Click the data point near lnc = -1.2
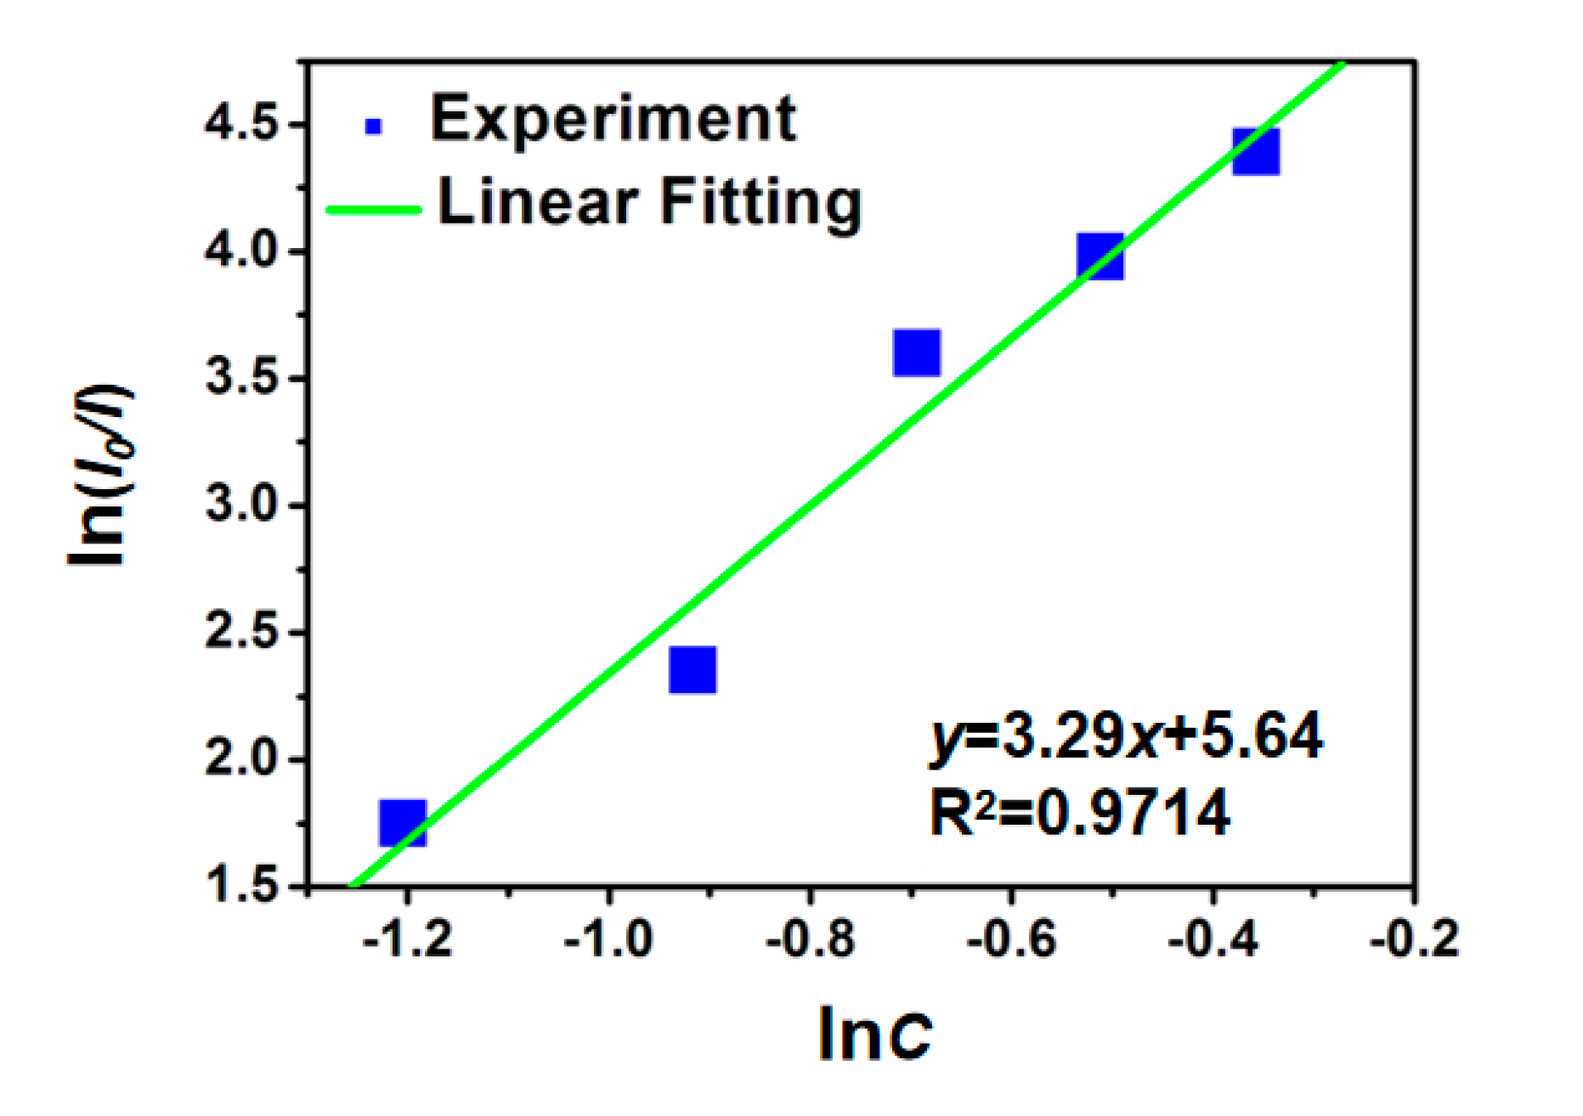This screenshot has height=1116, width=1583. (x=403, y=821)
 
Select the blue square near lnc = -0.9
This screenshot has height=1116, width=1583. (x=693, y=669)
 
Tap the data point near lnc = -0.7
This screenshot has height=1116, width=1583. (x=917, y=352)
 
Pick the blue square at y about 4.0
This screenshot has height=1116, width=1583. (x=1100, y=256)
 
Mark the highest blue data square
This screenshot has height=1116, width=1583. (x=1256, y=151)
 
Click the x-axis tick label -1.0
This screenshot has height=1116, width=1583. (x=608, y=940)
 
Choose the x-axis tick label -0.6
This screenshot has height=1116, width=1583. (x=1011, y=940)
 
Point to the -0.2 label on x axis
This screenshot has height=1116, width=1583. (x=1414, y=940)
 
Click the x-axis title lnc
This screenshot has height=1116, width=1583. (x=874, y=1034)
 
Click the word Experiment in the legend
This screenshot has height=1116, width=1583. (x=613, y=119)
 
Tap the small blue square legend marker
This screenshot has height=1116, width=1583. (x=373, y=127)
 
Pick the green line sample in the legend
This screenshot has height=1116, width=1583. (x=374, y=209)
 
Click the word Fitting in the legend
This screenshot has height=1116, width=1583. (x=760, y=203)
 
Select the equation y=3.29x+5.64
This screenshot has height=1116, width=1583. (x=1126, y=736)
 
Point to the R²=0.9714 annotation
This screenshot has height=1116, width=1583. (x=1079, y=813)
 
